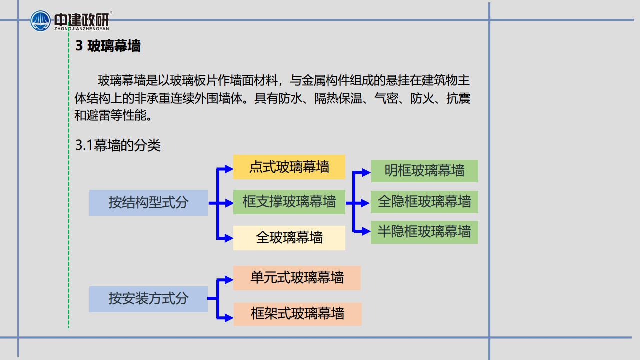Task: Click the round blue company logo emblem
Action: point(40,21)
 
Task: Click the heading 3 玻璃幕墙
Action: point(108,46)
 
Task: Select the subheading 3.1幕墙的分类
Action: point(118,145)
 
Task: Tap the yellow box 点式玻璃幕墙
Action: point(289,167)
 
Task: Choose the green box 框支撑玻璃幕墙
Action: point(289,202)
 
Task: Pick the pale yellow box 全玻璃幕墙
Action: point(289,238)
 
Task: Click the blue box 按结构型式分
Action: point(148,203)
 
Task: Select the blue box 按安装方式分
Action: point(148,299)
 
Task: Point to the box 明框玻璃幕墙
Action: point(425,171)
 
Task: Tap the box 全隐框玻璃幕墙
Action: point(424,202)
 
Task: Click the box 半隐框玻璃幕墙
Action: point(424,232)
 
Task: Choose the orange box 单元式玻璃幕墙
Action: point(297,278)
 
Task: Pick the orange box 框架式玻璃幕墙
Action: point(297,314)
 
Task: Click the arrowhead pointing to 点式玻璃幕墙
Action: point(229,169)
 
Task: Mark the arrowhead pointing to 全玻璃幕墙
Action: point(229,238)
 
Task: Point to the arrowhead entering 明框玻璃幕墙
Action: point(366,172)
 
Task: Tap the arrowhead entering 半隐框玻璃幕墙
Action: point(366,231)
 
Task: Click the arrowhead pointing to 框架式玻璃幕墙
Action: point(229,317)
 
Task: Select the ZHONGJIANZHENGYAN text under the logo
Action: point(82,29)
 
